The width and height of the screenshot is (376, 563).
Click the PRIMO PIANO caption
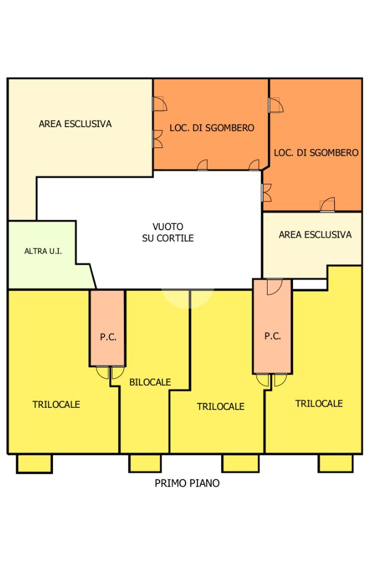click(x=187, y=484)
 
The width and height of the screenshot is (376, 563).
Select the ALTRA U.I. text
click(x=43, y=252)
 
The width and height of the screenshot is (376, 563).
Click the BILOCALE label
click(x=150, y=382)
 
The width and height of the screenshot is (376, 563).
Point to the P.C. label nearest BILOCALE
click(x=108, y=338)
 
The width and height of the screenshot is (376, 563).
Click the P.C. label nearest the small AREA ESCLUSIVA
click(x=273, y=336)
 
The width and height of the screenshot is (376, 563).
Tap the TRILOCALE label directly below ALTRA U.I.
click(x=56, y=405)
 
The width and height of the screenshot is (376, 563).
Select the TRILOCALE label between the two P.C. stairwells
click(x=220, y=407)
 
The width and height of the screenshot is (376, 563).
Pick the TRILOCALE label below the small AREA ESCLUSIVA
click(x=319, y=403)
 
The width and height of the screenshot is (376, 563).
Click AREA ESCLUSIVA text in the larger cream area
click(x=75, y=124)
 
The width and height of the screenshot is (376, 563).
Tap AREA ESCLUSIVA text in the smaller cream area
click(x=315, y=235)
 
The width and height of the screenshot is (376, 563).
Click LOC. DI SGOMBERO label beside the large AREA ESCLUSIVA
click(x=212, y=128)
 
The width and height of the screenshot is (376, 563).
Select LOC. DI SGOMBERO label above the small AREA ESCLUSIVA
click(x=316, y=152)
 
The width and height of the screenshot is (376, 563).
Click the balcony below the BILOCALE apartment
click(x=145, y=463)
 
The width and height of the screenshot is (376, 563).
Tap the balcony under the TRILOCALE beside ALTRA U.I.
click(x=34, y=463)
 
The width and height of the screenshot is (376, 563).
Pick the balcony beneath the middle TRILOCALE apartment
click(x=241, y=463)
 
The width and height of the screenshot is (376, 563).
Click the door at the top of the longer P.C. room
click(x=274, y=286)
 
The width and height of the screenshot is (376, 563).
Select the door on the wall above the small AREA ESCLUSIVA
click(x=328, y=204)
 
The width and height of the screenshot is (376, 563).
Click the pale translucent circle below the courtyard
click(x=187, y=297)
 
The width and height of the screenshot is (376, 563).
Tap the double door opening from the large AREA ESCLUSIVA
click(x=157, y=139)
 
